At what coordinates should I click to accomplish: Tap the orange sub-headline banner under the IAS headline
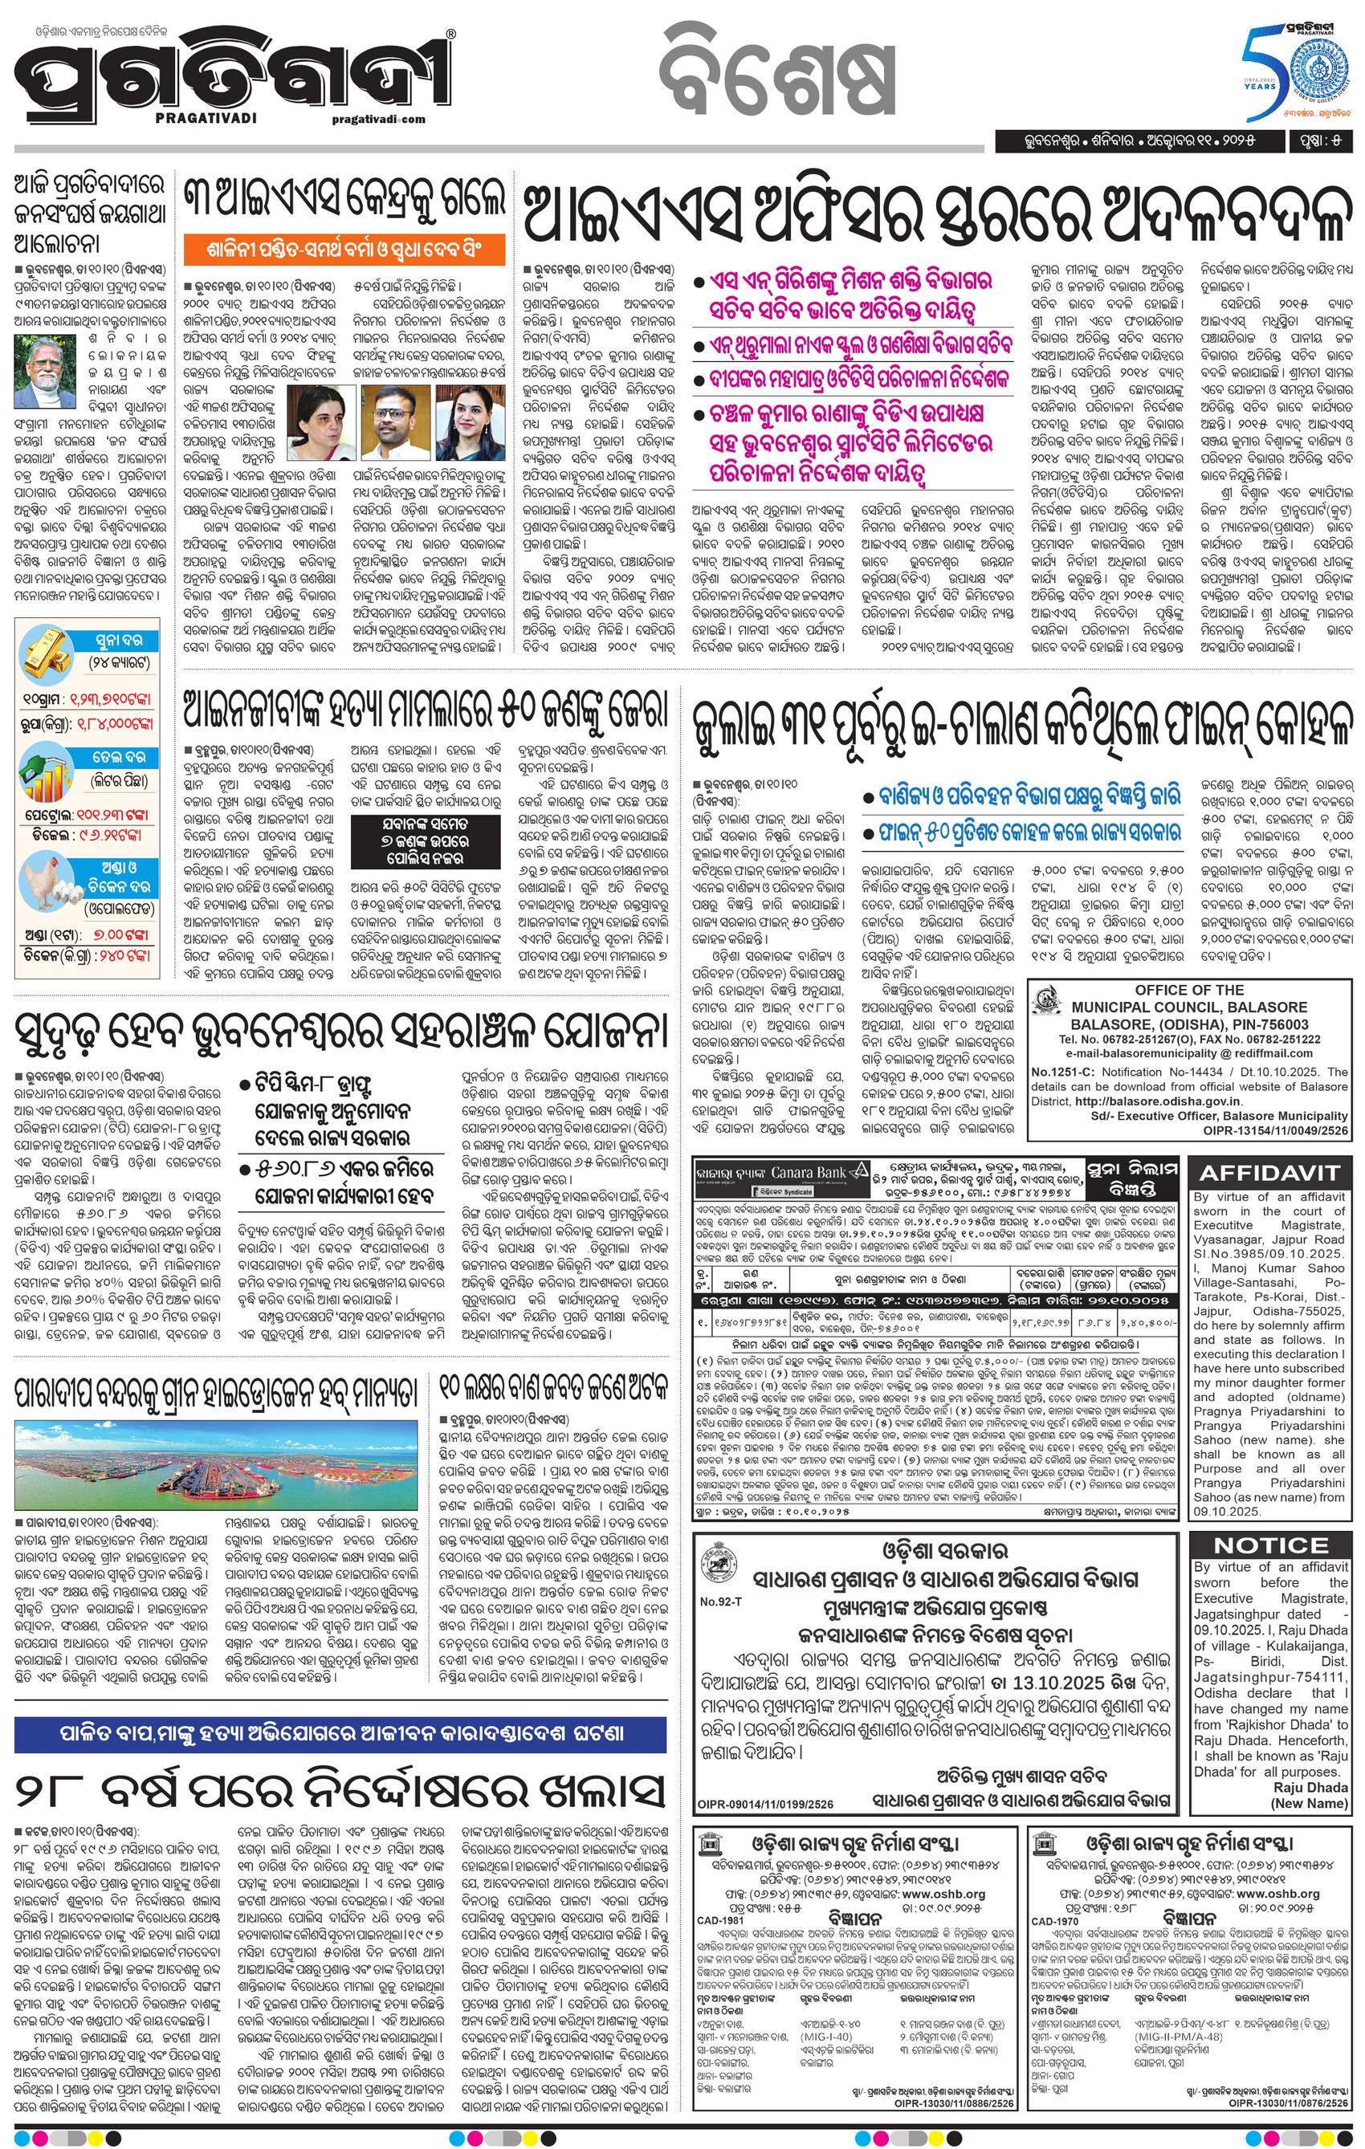pos(344,247)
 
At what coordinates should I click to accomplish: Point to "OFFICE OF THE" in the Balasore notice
pos(1189,990)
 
